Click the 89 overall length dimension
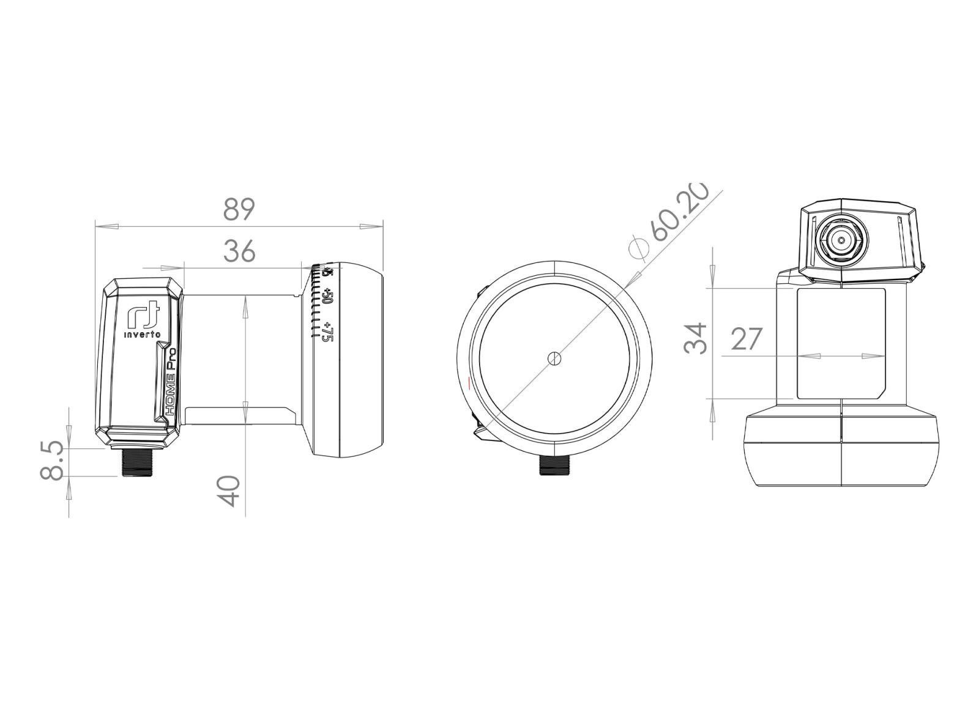point(239,209)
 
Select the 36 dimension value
point(239,251)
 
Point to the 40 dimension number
point(229,491)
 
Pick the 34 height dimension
point(696,338)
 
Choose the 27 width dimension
point(747,338)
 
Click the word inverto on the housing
point(143,335)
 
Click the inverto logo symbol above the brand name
point(143,314)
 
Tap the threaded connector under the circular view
point(554,466)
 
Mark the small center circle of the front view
point(554,358)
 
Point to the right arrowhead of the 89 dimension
point(373,226)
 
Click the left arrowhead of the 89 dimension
point(105,226)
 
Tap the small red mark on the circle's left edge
point(468,384)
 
